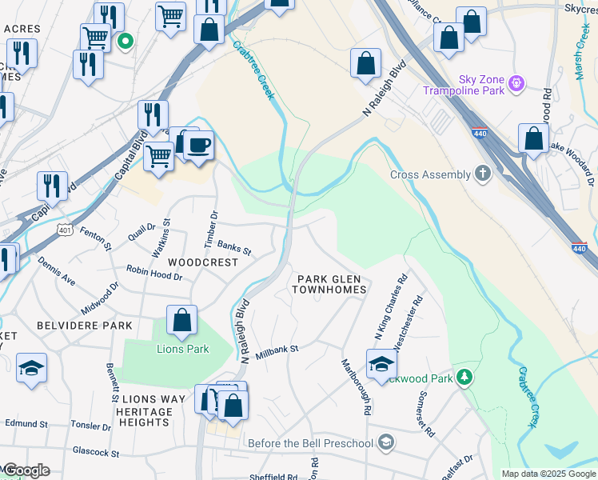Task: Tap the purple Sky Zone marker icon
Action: tap(518, 81)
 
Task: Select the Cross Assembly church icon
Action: tap(482, 174)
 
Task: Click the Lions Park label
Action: tap(182, 349)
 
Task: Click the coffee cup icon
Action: tap(199, 146)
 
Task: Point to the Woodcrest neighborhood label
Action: tap(203, 262)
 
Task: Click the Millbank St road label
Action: tap(277, 350)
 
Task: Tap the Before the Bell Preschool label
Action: tap(311, 443)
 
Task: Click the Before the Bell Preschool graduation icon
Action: tap(386, 442)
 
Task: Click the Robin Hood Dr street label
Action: tap(154, 273)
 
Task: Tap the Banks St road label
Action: tap(234, 250)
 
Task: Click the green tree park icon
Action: tap(463, 377)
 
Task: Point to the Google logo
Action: tap(26, 470)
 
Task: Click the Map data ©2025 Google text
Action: tap(548, 474)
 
